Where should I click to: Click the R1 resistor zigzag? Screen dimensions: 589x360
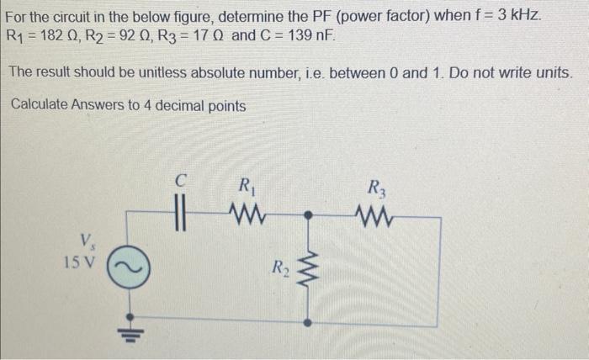coord(245,215)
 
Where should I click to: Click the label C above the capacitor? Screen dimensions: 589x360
coord(179,178)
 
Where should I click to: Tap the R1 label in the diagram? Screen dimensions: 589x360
coord(245,185)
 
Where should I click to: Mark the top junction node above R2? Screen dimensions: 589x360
coord(307,215)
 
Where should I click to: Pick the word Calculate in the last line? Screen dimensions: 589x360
coord(43,106)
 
